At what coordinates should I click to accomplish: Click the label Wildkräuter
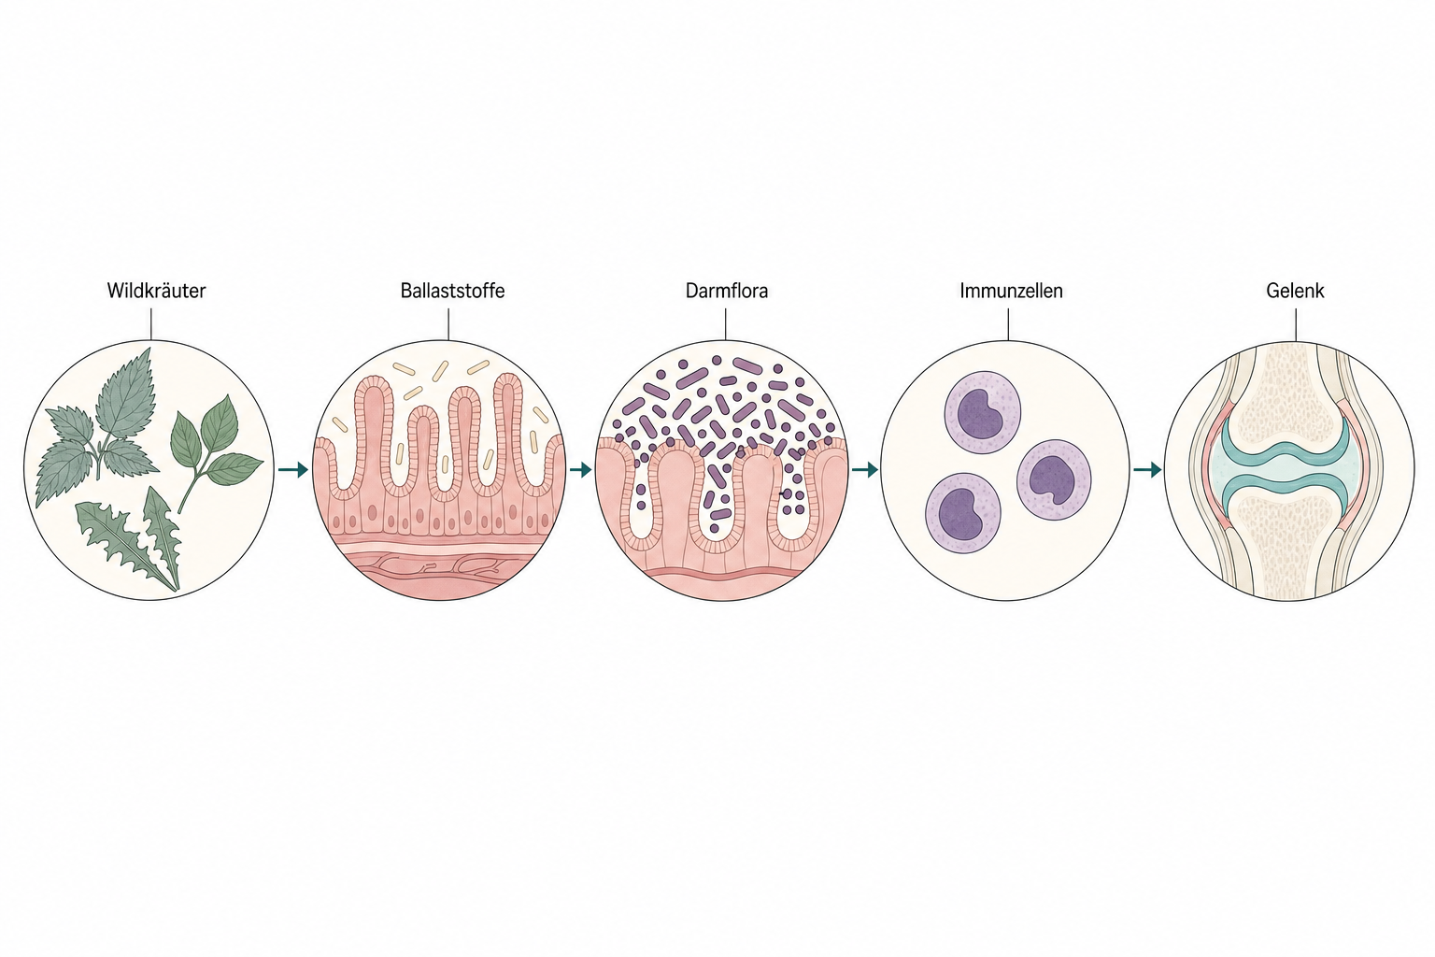pyautogui.click(x=156, y=291)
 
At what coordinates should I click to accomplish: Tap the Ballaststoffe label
pyautogui.click(x=452, y=291)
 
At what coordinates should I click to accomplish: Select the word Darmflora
pyautogui.click(x=727, y=291)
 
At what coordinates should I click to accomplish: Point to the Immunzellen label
pyautogui.click(x=1011, y=291)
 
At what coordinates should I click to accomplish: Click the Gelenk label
pyautogui.click(x=1295, y=291)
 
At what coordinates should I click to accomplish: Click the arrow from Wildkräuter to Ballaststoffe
pyautogui.click(x=292, y=470)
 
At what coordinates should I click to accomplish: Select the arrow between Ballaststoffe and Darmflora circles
pyautogui.click(x=580, y=470)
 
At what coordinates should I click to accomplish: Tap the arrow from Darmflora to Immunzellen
pyautogui.click(x=864, y=470)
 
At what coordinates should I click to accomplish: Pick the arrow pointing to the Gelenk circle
pyautogui.click(x=1147, y=470)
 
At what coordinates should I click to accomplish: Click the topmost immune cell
pyautogui.click(x=983, y=409)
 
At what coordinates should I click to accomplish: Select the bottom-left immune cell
pyautogui.click(x=963, y=513)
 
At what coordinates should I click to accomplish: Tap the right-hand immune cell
pyautogui.click(x=1054, y=479)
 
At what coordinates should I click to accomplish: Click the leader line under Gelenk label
pyautogui.click(x=1296, y=325)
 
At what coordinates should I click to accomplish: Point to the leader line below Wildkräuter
pyautogui.click(x=151, y=324)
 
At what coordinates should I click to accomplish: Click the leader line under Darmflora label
pyautogui.click(x=725, y=324)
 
